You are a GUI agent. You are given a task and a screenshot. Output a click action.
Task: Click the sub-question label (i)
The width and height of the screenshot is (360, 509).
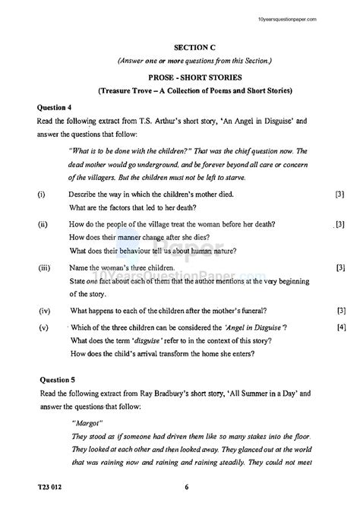click(40, 195)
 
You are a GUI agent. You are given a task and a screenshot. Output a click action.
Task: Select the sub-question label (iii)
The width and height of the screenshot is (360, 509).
click(43, 268)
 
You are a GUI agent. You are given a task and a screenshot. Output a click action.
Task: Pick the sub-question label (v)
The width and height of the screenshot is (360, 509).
click(42, 327)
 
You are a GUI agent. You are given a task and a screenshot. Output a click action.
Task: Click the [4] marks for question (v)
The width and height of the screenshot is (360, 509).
click(341, 327)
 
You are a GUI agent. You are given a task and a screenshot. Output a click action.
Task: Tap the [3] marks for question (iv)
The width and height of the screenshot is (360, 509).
click(341, 310)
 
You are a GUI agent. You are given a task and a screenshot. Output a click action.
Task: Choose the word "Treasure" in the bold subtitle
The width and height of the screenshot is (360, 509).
click(120, 91)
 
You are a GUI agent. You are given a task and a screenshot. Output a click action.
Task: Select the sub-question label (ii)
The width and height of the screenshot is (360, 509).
click(42, 224)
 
